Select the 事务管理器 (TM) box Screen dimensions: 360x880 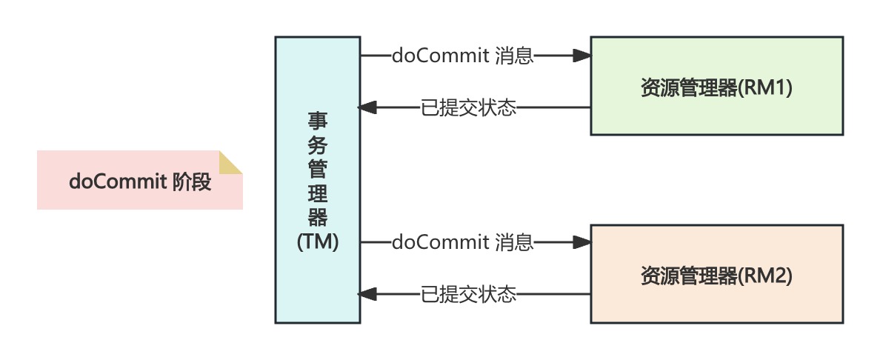tap(318, 180)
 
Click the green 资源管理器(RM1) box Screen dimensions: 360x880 tap(716, 86)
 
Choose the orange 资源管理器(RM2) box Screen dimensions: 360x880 tap(716, 274)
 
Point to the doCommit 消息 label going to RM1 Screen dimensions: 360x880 tap(463, 56)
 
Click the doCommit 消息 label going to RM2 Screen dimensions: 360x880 tap(463, 242)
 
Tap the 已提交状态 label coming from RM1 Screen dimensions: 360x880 tap(468, 108)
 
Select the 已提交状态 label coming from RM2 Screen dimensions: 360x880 tap(468, 295)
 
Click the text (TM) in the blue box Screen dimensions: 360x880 tap(318, 242)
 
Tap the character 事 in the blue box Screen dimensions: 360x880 tap(318, 121)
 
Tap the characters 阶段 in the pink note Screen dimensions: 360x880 tap(192, 182)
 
